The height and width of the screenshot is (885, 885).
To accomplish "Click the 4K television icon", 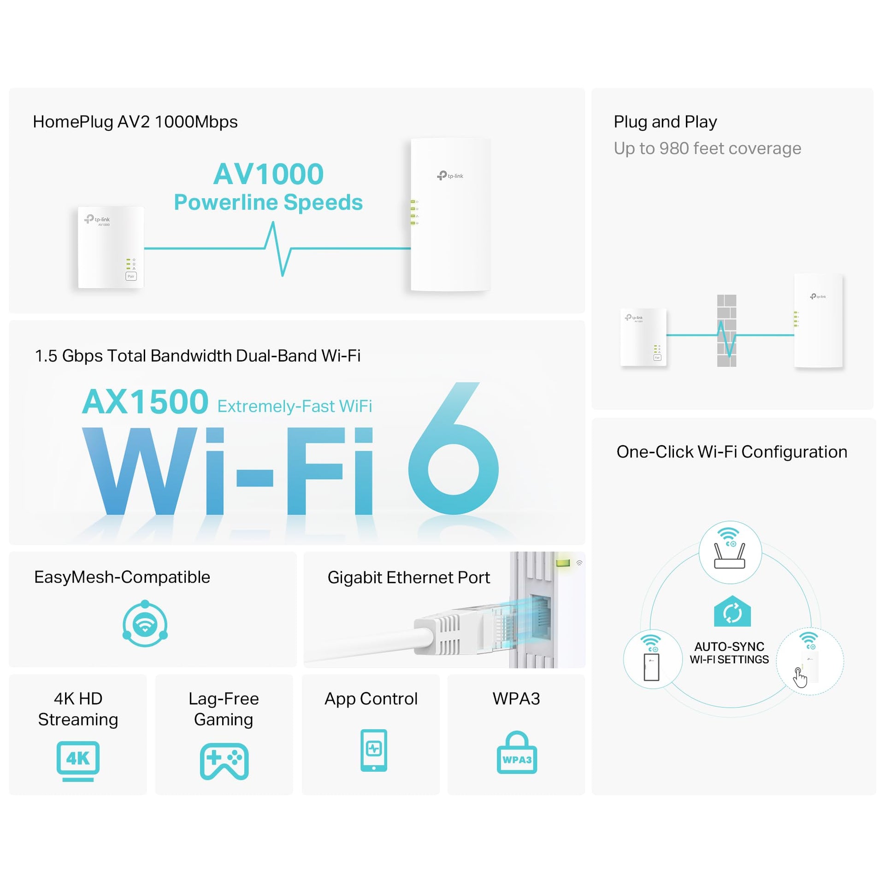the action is [78, 761].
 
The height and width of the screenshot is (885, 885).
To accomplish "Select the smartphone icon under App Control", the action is [373, 750].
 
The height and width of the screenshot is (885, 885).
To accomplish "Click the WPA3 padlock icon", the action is [517, 752].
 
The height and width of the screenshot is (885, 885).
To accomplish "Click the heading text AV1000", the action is [268, 174].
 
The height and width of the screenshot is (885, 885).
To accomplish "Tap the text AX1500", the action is [145, 401].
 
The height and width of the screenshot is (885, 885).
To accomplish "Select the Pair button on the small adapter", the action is [131, 276].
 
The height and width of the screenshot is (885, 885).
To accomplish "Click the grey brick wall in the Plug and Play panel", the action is [726, 330].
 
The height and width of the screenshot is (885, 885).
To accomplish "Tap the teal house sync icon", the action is [732, 611].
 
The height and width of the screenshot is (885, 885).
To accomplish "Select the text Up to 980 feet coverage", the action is [707, 148].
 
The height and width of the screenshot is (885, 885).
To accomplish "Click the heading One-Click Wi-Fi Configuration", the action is [732, 452].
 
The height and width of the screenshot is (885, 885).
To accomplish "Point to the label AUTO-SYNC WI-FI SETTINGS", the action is [729, 653].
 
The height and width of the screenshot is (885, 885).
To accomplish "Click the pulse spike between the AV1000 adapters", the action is [277, 249].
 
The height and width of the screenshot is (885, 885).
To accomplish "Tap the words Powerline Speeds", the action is [268, 203].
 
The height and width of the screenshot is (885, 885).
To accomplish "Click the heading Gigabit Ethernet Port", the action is [408, 578].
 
